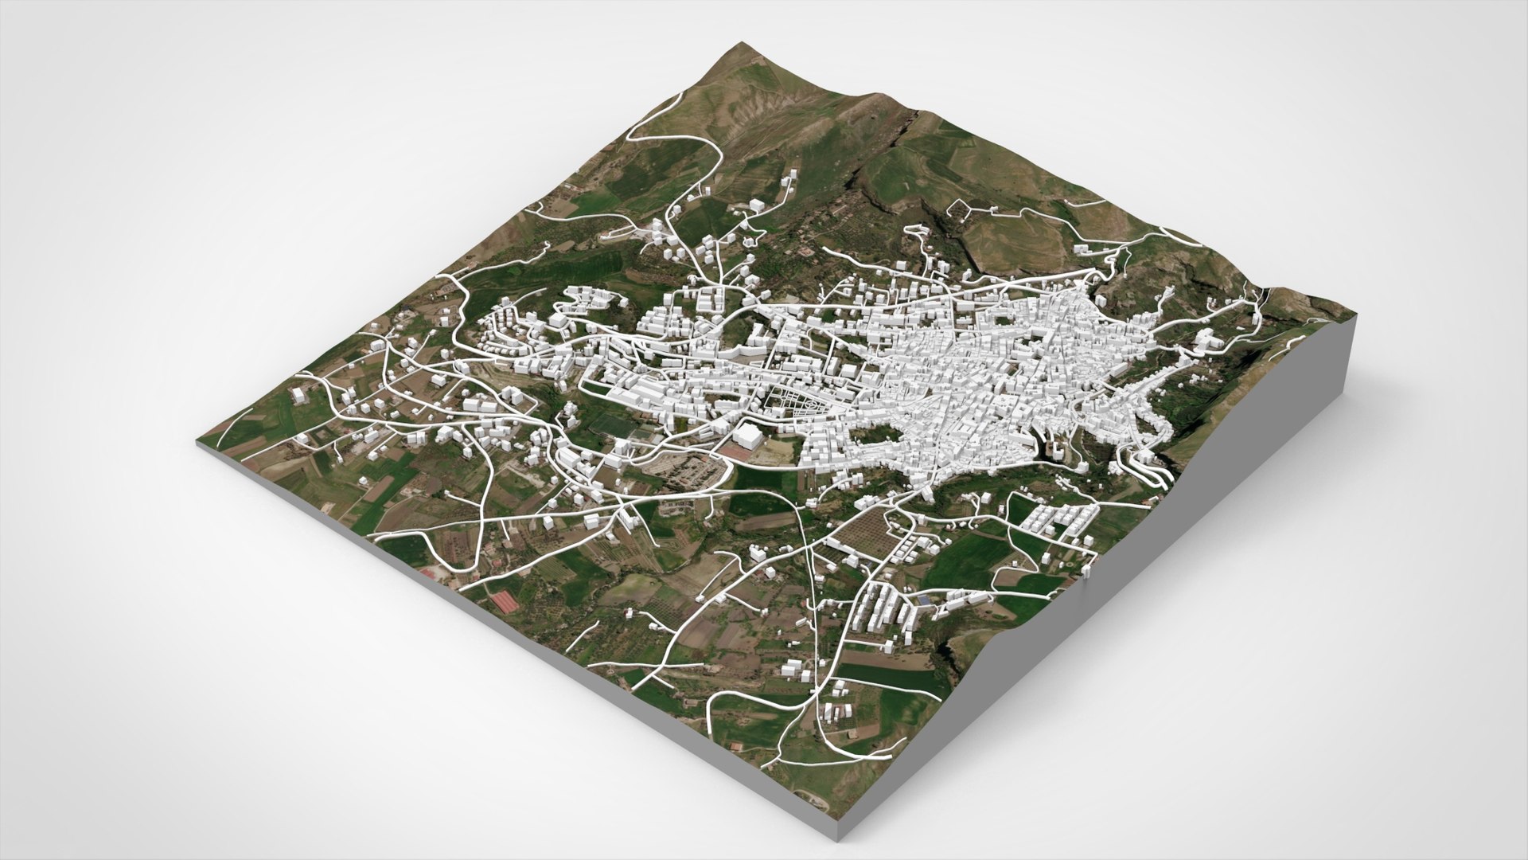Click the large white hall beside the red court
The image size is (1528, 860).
[746, 436]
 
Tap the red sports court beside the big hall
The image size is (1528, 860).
[735, 451]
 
